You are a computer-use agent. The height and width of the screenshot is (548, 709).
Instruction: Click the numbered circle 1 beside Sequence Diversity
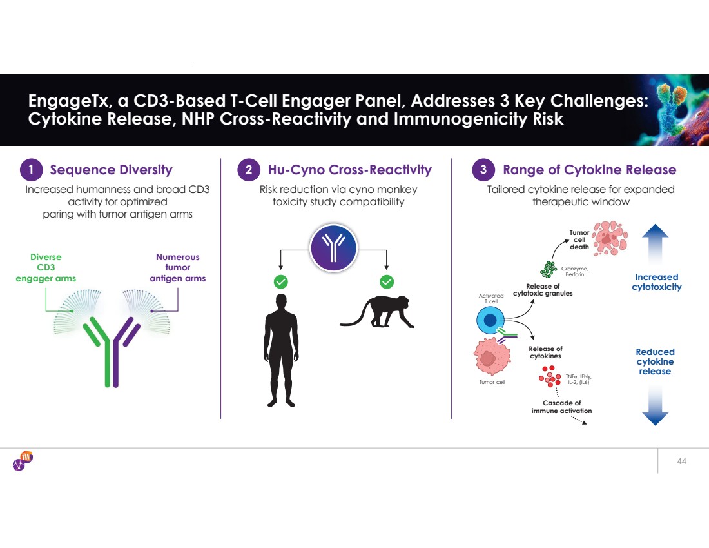click(31, 170)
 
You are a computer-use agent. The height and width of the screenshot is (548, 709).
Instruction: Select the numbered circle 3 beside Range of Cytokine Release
click(483, 170)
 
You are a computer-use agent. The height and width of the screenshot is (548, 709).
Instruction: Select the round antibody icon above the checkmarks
click(333, 248)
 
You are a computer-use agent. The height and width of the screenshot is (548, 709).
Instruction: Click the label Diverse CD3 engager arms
click(46, 268)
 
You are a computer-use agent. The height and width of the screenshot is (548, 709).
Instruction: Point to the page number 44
click(682, 462)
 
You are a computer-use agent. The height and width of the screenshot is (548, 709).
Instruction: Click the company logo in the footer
click(23, 462)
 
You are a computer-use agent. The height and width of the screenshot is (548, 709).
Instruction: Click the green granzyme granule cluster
click(549, 269)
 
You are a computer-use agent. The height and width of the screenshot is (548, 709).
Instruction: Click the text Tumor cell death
click(579, 240)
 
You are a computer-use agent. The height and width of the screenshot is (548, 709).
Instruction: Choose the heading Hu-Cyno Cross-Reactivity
click(349, 170)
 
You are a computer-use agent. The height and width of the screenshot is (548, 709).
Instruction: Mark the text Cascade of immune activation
click(557, 407)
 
